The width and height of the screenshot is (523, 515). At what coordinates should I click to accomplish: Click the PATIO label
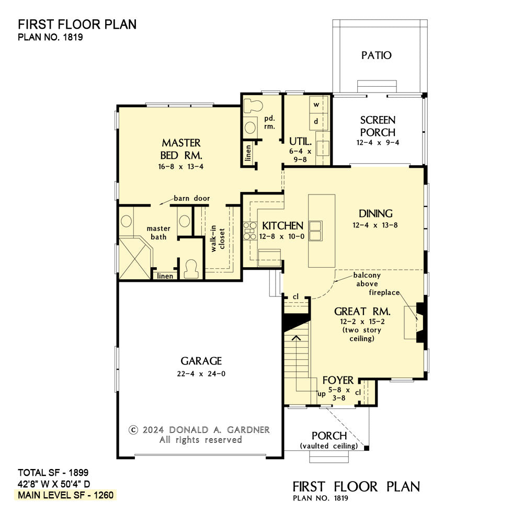pyautogui.click(x=376, y=55)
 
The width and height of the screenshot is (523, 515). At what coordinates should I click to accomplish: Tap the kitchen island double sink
pyautogui.click(x=315, y=231)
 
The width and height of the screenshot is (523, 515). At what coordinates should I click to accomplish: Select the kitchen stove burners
pyautogui.click(x=249, y=231)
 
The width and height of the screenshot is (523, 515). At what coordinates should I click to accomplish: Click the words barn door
pyautogui.click(x=192, y=198)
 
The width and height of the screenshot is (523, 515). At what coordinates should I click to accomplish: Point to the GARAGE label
pyautogui.click(x=201, y=361)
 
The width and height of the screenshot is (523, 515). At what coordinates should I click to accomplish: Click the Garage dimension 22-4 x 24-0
pyautogui.click(x=201, y=374)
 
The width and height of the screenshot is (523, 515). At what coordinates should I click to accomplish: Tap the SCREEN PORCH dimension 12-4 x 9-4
pyautogui.click(x=378, y=142)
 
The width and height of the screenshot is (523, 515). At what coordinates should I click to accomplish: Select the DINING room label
pyautogui.click(x=376, y=213)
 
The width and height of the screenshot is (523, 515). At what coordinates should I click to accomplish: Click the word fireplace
pyautogui.click(x=384, y=292)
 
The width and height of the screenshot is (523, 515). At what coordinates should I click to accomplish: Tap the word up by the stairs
pyautogui.click(x=322, y=394)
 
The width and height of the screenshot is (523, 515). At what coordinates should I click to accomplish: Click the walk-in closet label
pyautogui.click(x=218, y=238)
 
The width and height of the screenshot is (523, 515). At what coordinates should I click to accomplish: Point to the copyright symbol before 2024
pyautogui.click(x=133, y=430)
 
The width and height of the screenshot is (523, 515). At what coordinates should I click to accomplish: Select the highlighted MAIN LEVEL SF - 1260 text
pyautogui.click(x=66, y=495)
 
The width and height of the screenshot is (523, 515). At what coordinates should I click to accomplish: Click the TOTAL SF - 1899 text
pyautogui.click(x=53, y=473)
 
